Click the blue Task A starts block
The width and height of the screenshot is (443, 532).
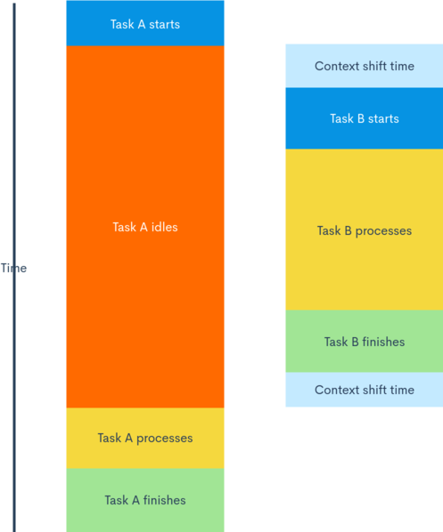tap(145, 23)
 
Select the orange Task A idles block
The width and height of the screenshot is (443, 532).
tap(145, 227)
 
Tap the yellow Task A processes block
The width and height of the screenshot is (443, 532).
tap(145, 438)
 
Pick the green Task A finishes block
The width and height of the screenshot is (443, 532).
tap(145, 500)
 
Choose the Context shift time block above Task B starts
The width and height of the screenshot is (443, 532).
tap(365, 66)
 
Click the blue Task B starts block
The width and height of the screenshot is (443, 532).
tap(365, 118)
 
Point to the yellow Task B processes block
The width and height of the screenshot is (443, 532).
tap(365, 230)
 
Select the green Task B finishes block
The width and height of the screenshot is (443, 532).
tap(365, 341)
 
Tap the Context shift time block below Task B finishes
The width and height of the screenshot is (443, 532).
tap(365, 390)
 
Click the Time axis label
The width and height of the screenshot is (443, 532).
tap(13, 268)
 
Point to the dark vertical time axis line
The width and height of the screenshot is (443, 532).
tap(14, 268)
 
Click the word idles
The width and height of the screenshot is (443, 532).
tap(165, 227)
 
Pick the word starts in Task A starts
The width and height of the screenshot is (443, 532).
tap(165, 24)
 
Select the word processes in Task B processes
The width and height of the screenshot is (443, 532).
tap(383, 231)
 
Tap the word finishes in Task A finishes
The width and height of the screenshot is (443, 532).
tap(165, 500)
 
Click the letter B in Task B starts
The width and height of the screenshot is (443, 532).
tap(361, 118)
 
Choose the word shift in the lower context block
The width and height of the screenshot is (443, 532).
tap(374, 390)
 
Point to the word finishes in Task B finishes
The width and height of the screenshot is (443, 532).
tap(383, 342)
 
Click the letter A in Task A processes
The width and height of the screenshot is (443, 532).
tap(129, 438)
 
